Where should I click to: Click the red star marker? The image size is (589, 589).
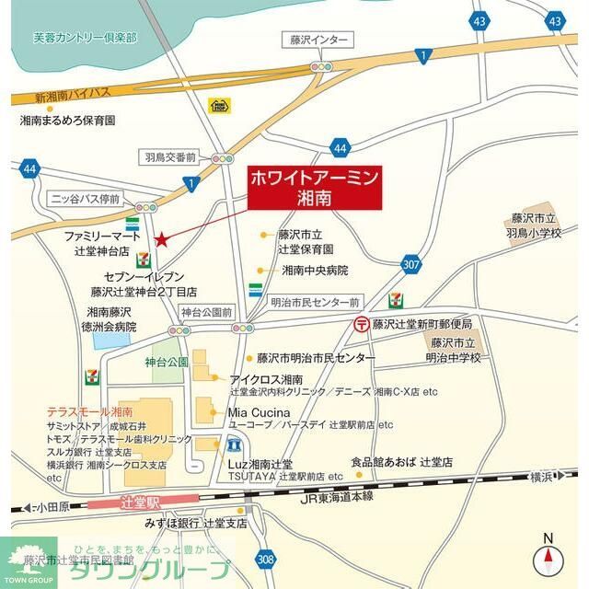(x=162, y=239)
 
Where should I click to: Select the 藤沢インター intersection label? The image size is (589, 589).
(x=317, y=40)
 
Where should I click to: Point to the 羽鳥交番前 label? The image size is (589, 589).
(x=171, y=157)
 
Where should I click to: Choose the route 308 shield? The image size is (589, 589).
(x=265, y=559)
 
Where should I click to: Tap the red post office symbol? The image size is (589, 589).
(x=363, y=324)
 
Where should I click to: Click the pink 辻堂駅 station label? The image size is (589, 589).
(x=140, y=503)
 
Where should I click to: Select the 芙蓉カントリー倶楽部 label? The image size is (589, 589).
(x=84, y=38)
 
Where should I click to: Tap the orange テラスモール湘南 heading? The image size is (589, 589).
(x=89, y=411)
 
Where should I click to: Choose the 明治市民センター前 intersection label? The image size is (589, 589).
(x=315, y=301)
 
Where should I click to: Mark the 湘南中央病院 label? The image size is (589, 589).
(x=315, y=271)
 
